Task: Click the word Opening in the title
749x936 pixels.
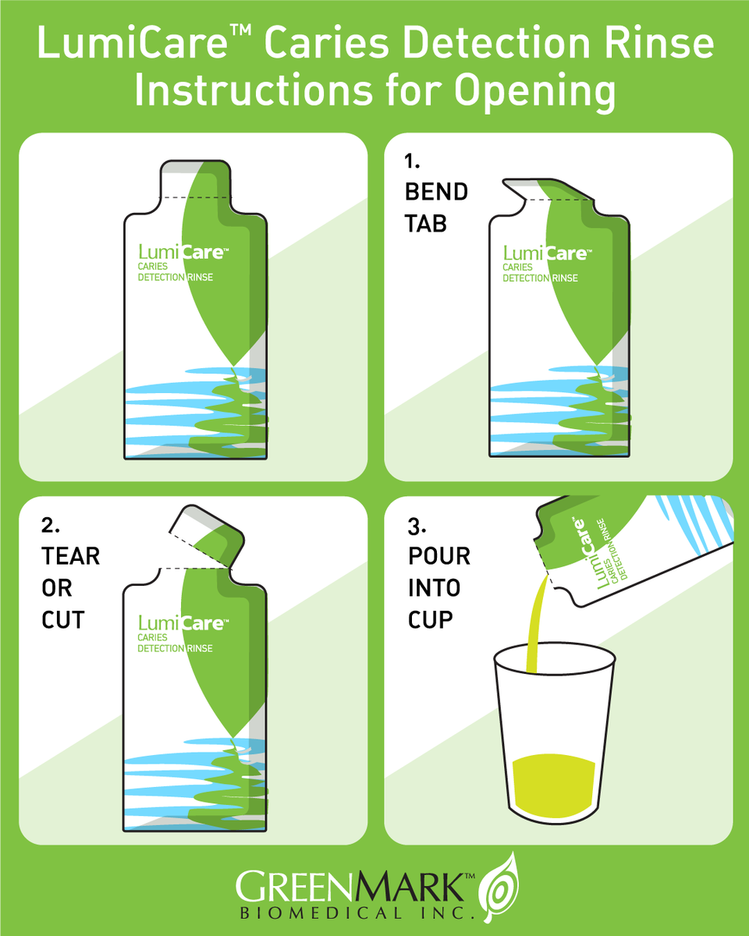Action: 535,92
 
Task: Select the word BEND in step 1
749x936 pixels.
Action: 436,192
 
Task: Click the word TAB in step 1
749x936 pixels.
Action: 426,224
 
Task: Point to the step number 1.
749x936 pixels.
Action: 412,161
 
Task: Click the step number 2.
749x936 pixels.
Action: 51,525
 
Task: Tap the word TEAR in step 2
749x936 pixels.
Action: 70,556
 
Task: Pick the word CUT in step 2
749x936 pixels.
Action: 62,620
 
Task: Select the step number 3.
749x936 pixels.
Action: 417,526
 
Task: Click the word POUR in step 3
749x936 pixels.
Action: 439,556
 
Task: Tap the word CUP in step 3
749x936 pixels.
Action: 431,620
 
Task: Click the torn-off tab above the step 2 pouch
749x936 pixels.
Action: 207,535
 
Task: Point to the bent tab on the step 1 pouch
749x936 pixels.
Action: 548,190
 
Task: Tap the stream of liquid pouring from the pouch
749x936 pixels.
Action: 537,624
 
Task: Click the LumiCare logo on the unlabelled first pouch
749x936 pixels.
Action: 183,252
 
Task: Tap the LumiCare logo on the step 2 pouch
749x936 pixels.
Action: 183,623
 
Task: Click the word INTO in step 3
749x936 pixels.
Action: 434,588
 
